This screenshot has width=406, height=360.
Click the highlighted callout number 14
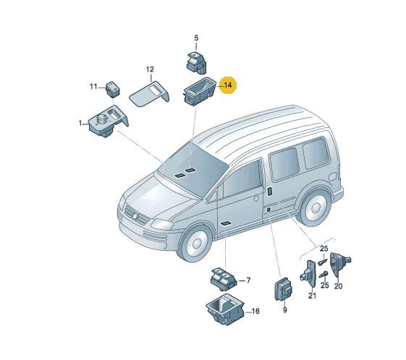pyautogui.click(x=228, y=85)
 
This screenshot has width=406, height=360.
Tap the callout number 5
pyautogui.click(x=196, y=38)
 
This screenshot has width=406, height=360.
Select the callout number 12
pyautogui.click(x=150, y=69)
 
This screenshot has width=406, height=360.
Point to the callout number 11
pyautogui.click(x=93, y=86)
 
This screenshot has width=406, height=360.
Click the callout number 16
pyautogui.click(x=255, y=311)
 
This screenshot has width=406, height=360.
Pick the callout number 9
pyautogui.click(x=285, y=309)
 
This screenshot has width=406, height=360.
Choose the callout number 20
pyautogui.click(x=338, y=286)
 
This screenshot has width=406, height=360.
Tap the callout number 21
pyautogui.click(x=312, y=296)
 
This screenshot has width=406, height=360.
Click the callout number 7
pyautogui.click(x=248, y=280)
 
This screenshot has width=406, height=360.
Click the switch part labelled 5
pyautogui.click(x=197, y=62)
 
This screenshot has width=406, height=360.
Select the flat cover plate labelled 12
pyautogui.click(x=149, y=94)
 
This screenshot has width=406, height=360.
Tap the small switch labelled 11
pyautogui.click(x=113, y=89)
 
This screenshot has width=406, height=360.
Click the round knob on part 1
pyautogui.click(x=102, y=119)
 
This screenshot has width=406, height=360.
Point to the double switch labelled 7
pyautogui.click(x=224, y=279)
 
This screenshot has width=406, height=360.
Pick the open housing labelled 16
pyautogui.click(x=225, y=309)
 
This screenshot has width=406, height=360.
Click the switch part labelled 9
pyautogui.click(x=283, y=289)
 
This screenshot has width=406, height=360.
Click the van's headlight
pyautogui.click(x=162, y=224)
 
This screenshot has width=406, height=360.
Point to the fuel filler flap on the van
pyautogui.click(x=333, y=177)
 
